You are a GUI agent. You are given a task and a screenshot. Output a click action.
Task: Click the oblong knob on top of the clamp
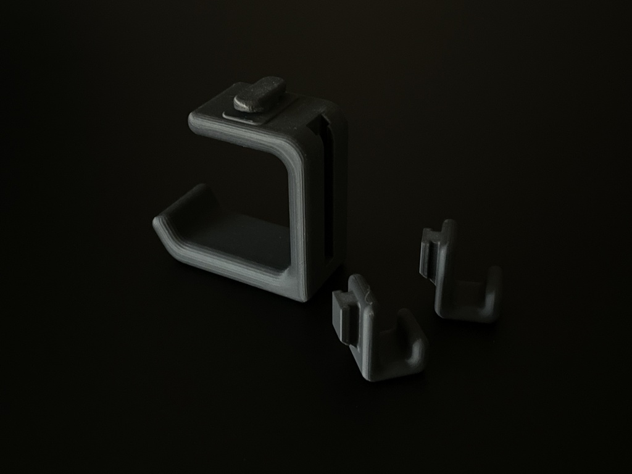pyautogui.click(x=259, y=94)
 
